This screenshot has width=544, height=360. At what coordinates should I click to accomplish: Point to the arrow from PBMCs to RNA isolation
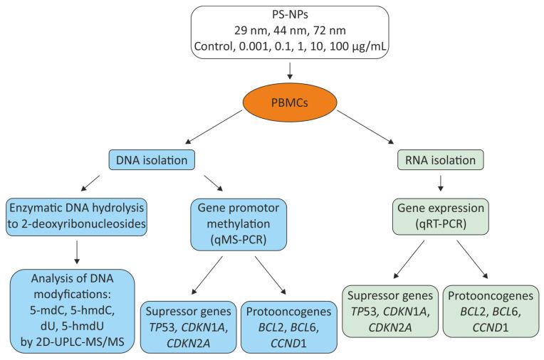[370, 127]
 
